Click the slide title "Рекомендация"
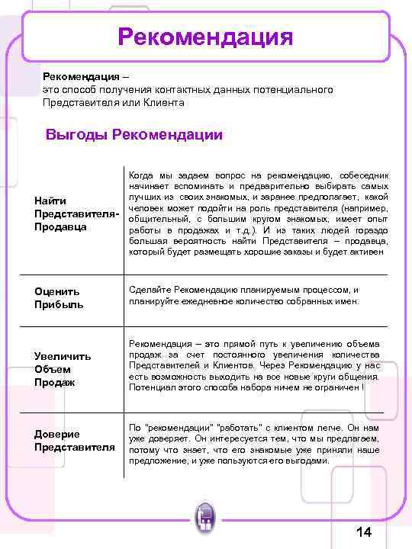point(205,37)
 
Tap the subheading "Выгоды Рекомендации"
point(134,135)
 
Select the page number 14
point(363,531)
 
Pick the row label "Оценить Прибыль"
point(58,297)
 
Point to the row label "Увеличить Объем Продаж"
point(63,368)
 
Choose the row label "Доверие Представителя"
point(74,440)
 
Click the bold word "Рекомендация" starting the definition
point(81,78)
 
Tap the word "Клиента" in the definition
point(164,101)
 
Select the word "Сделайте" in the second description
point(150,290)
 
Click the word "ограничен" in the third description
point(335,387)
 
